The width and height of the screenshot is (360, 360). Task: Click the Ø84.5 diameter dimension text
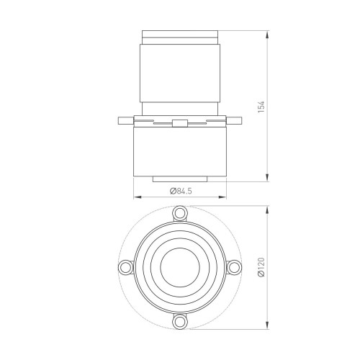click(x=179, y=191)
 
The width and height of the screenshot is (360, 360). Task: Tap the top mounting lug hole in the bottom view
click(x=179, y=213)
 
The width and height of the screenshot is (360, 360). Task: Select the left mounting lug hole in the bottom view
click(x=126, y=267)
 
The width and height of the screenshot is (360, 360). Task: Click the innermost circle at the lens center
click(x=179, y=267)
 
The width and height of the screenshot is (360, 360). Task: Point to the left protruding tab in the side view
click(x=122, y=119)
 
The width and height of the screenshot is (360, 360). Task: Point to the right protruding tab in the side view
click(x=237, y=119)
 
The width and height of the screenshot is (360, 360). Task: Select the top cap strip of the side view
click(x=179, y=35)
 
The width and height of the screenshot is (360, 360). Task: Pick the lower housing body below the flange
click(x=179, y=155)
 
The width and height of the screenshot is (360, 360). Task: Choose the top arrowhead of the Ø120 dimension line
click(x=269, y=209)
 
